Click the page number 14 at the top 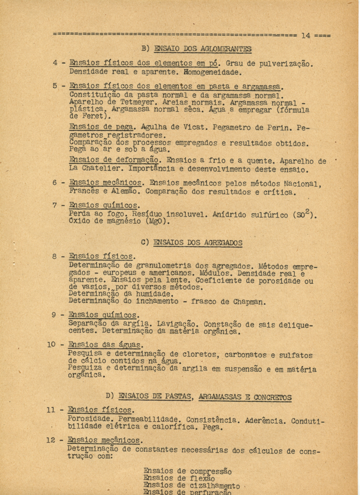pos(306,35)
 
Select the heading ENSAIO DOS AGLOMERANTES pos(202,49)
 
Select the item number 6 pos(55,182)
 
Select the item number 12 pos(51,440)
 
